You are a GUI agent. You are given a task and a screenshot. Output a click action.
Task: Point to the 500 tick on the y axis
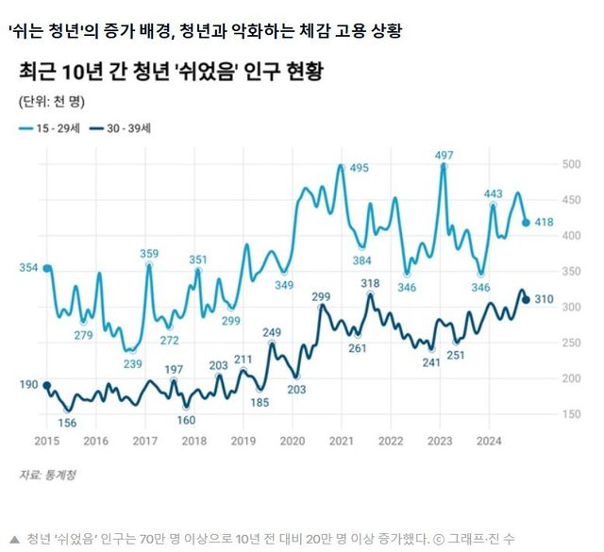coord(571,164)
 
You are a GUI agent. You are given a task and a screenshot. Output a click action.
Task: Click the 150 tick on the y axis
coord(571,413)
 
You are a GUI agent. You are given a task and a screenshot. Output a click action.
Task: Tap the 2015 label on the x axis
coord(46,440)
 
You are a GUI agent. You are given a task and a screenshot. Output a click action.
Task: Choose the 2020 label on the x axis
coord(293,440)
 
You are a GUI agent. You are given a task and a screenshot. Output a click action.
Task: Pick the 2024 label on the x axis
coord(489,440)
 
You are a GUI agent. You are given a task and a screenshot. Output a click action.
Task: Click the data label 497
coord(444,155)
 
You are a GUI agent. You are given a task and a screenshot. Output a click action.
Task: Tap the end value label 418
coord(543,223)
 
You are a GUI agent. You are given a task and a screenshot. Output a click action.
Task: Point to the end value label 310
coord(543,300)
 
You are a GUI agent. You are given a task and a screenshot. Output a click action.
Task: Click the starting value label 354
coord(27,269)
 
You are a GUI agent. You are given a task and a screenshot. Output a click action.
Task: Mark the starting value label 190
coord(27,384)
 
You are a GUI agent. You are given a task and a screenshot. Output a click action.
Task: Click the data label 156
coord(67,422)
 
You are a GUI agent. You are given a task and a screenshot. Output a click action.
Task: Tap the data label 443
coord(493,194)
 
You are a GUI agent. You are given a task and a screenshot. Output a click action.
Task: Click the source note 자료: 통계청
coord(46,475)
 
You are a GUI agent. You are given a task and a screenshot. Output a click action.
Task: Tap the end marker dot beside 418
coord(526,223)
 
